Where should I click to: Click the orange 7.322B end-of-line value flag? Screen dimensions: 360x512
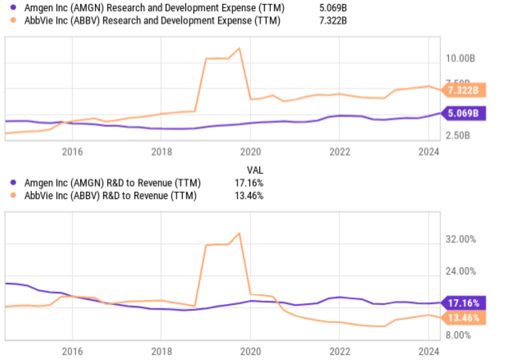coord(463,90)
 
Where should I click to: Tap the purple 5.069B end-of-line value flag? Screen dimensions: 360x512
coord(463,114)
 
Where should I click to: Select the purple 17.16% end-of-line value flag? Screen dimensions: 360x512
coord(463,303)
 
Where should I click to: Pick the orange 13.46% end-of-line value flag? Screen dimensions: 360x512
coord(463,318)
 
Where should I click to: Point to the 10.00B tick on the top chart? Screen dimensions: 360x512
coord(460,58)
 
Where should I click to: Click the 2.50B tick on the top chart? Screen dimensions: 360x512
coord(457,135)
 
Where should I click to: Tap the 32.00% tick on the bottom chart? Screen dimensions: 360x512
coord(460,239)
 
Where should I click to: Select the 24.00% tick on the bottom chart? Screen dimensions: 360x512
coord(460,271)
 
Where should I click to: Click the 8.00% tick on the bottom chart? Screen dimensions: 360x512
coord(458,335)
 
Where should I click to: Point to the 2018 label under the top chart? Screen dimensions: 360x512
coord(161,152)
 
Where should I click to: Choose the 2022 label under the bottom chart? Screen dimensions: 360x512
coord(340,351)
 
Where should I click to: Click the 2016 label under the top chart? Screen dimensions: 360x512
coord(72,152)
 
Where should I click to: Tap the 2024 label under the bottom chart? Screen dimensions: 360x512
coord(428,351)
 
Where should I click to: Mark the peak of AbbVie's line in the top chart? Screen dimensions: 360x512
coord(239,49)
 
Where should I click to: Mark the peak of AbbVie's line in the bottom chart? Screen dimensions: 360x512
coord(239,233)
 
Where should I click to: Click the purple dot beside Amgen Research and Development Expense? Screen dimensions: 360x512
coord(13,7)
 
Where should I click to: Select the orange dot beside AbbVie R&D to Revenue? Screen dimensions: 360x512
coord(13,195)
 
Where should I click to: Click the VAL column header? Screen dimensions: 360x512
coord(255,170)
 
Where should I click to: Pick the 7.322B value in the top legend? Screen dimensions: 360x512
coord(333,21)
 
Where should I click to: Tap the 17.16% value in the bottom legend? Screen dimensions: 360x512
coord(249,183)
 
